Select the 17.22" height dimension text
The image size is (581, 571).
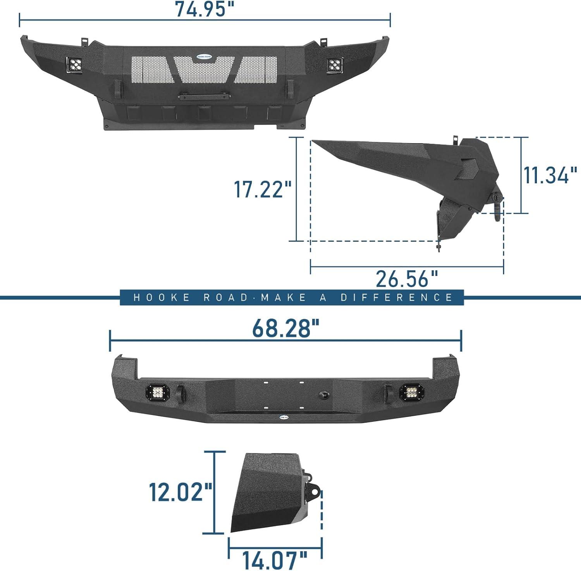263,189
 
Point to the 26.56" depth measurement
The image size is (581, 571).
407,279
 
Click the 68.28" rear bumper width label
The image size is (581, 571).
286,328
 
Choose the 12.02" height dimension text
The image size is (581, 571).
181,492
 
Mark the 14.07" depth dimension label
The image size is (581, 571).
275,560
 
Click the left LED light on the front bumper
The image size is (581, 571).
74,65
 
